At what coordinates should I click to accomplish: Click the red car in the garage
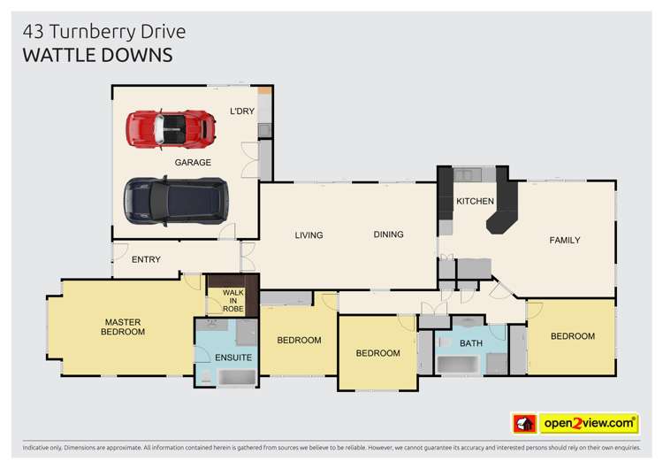coord(171,129)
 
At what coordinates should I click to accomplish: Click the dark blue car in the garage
coord(176,201)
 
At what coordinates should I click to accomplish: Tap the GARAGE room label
coord(193,163)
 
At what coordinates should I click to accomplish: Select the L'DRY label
coord(242,111)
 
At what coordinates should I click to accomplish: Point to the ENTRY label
coord(146,259)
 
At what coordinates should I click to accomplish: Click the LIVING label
coord(309,235)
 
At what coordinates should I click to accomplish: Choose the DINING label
coord(389,234)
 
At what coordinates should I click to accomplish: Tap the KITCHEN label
coord(476,202)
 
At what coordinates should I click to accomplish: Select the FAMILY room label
coord(565,241)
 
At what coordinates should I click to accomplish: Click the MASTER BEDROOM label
coord(123,327)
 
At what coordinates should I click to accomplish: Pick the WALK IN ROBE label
coord(233,301)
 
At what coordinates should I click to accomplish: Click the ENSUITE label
coord(233,358)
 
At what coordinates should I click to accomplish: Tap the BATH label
coord(471,343)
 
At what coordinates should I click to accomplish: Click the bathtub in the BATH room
coord(459,365)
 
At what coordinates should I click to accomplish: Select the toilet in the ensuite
coord(206,376)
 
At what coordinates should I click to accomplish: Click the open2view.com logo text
coord(589,423)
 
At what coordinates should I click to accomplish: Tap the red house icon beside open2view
coord(525,423)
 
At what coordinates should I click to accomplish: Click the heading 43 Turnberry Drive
coord(104,32)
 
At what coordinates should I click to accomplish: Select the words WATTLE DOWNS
coord(97,56)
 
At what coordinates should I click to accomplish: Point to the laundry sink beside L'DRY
coord(265,130)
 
